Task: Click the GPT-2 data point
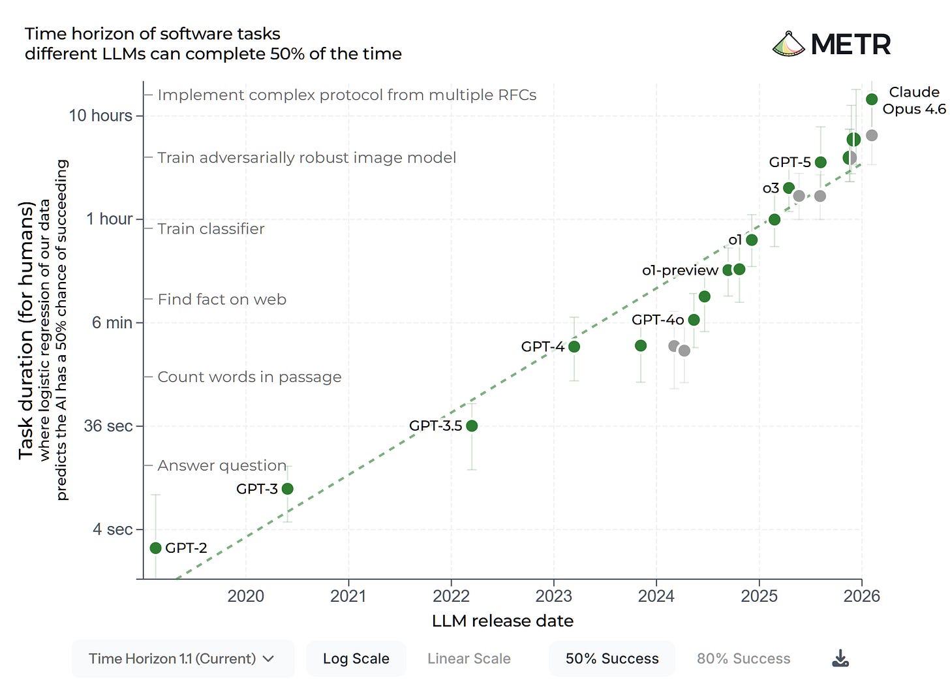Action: pos(155,548)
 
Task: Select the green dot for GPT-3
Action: pos(287,488)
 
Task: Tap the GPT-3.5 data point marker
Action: pos(472,426)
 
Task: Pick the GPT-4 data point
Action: pos(574,347)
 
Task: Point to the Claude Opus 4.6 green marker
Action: pos(872,99)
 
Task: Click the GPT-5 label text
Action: pos(789,162)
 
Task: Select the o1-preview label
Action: pos(680,270)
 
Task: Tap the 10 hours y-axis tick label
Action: pos(100,116)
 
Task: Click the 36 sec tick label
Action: pos(108,426)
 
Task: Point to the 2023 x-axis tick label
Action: pos(553,596)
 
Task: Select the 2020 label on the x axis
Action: pos(245,596)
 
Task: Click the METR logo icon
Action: pos(788,44)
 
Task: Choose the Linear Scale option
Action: pos(468,659)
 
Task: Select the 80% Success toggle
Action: pos(743,659)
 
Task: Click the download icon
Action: pos(840,658)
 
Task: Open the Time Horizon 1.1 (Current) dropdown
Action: pos(182,659)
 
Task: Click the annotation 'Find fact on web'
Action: pos(222,300)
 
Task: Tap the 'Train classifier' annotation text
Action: pos(211,229)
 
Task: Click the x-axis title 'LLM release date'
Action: pos(502,621)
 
